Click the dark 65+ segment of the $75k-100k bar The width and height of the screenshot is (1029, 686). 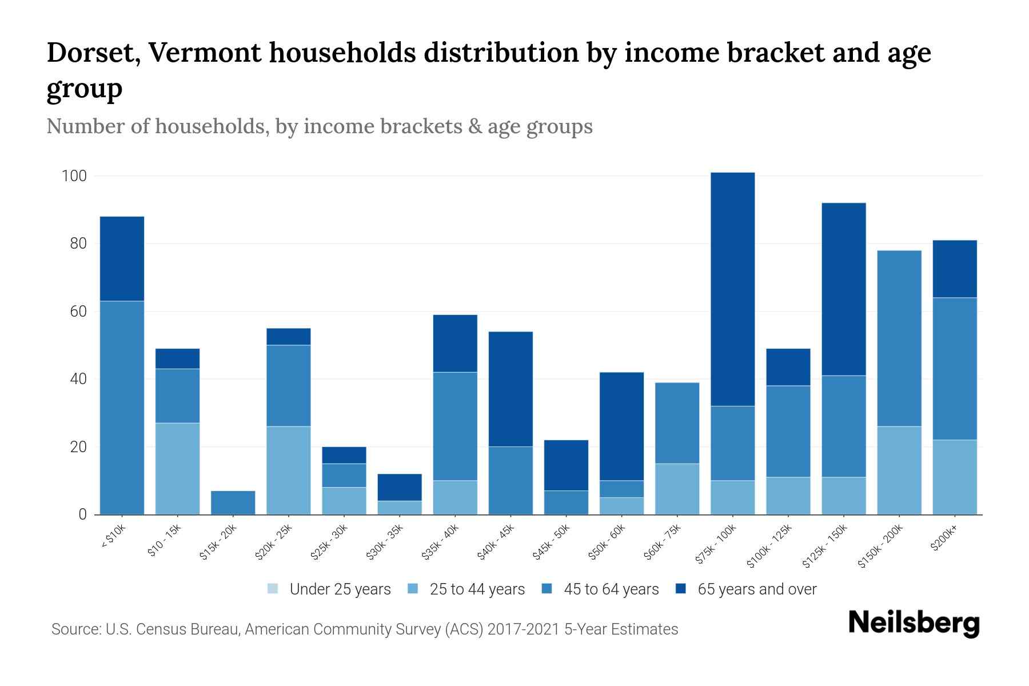coord(732,289)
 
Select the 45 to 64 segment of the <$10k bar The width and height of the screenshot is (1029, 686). coord(122,407)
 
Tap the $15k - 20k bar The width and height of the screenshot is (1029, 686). coord(233,502)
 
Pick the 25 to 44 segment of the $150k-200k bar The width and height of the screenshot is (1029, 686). coord(899,470)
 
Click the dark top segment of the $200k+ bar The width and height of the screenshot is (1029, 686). coord(954,269)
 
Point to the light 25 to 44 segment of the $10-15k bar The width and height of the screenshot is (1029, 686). coord(177,468)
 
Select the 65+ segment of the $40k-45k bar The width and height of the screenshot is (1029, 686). coord(510,389)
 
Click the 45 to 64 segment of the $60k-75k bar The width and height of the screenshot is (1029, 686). coord(677,422)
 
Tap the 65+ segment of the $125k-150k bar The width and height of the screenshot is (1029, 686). coord(843,289)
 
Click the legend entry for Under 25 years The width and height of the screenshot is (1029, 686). coord(329,589)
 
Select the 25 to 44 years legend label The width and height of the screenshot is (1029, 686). coord(477,589)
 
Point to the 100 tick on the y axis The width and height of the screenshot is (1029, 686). coord(74,176)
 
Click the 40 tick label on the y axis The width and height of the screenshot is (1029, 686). coord(78,379)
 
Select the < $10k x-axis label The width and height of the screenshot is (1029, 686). coord(113,537)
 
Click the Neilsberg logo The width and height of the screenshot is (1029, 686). coord(914,623)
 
